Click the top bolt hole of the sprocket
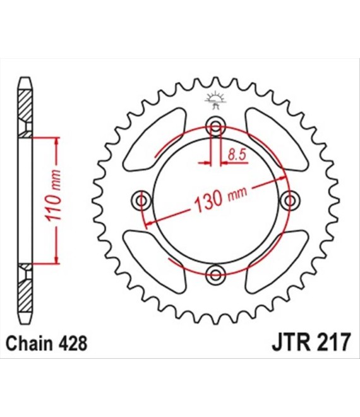pos(215,126)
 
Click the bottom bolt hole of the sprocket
pos(215,274)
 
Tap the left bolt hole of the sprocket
pos(141,200)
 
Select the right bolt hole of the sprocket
pos(289,200)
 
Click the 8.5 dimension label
pos(237,155)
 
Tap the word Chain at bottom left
pos(28,343)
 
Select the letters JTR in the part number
pos(291,343)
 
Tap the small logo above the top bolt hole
pos(215,100)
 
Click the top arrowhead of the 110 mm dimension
pos(56,143)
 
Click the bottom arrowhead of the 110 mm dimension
pos(56,258)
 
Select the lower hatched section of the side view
pos(26,287)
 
